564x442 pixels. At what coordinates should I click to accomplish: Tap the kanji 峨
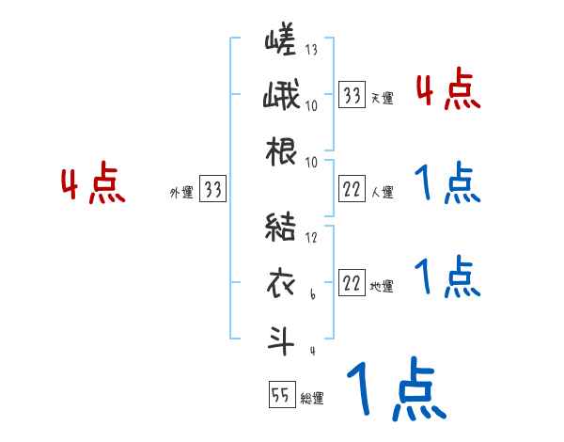(x=280, y=98)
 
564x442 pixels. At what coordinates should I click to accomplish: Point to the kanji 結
(x=280, y=229)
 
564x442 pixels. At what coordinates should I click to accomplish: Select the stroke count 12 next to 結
(x=312, y=238)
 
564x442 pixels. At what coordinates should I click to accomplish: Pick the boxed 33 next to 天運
(x=352, y=95)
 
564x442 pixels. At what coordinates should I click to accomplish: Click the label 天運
(x=382, y=98)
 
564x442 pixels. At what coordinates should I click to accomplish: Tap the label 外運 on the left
(x=180, y=193)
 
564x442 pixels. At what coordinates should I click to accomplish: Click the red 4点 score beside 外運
(x=93, y=186)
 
